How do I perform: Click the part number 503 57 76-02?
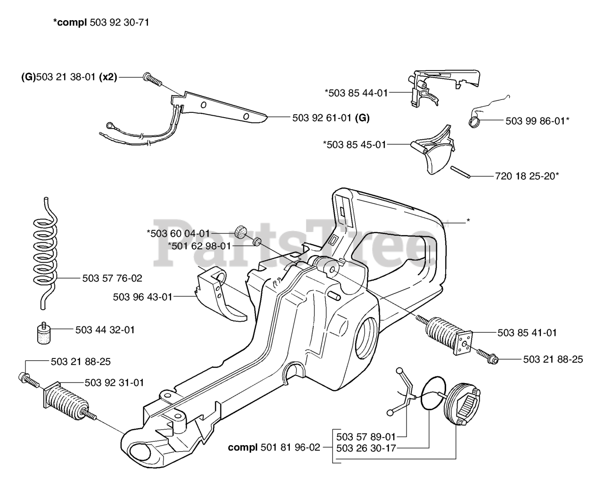tap(112, 278)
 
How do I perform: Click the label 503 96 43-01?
tap(143, 297)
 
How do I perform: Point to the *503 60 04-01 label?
tap(178, 233)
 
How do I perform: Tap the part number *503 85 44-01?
tap(356, 93)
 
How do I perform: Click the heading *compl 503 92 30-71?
tap(101, 22)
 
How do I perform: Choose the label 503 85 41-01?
tap(527, 333)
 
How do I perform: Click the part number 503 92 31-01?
tap(114, 382)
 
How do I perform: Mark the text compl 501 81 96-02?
tap(274, 447)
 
